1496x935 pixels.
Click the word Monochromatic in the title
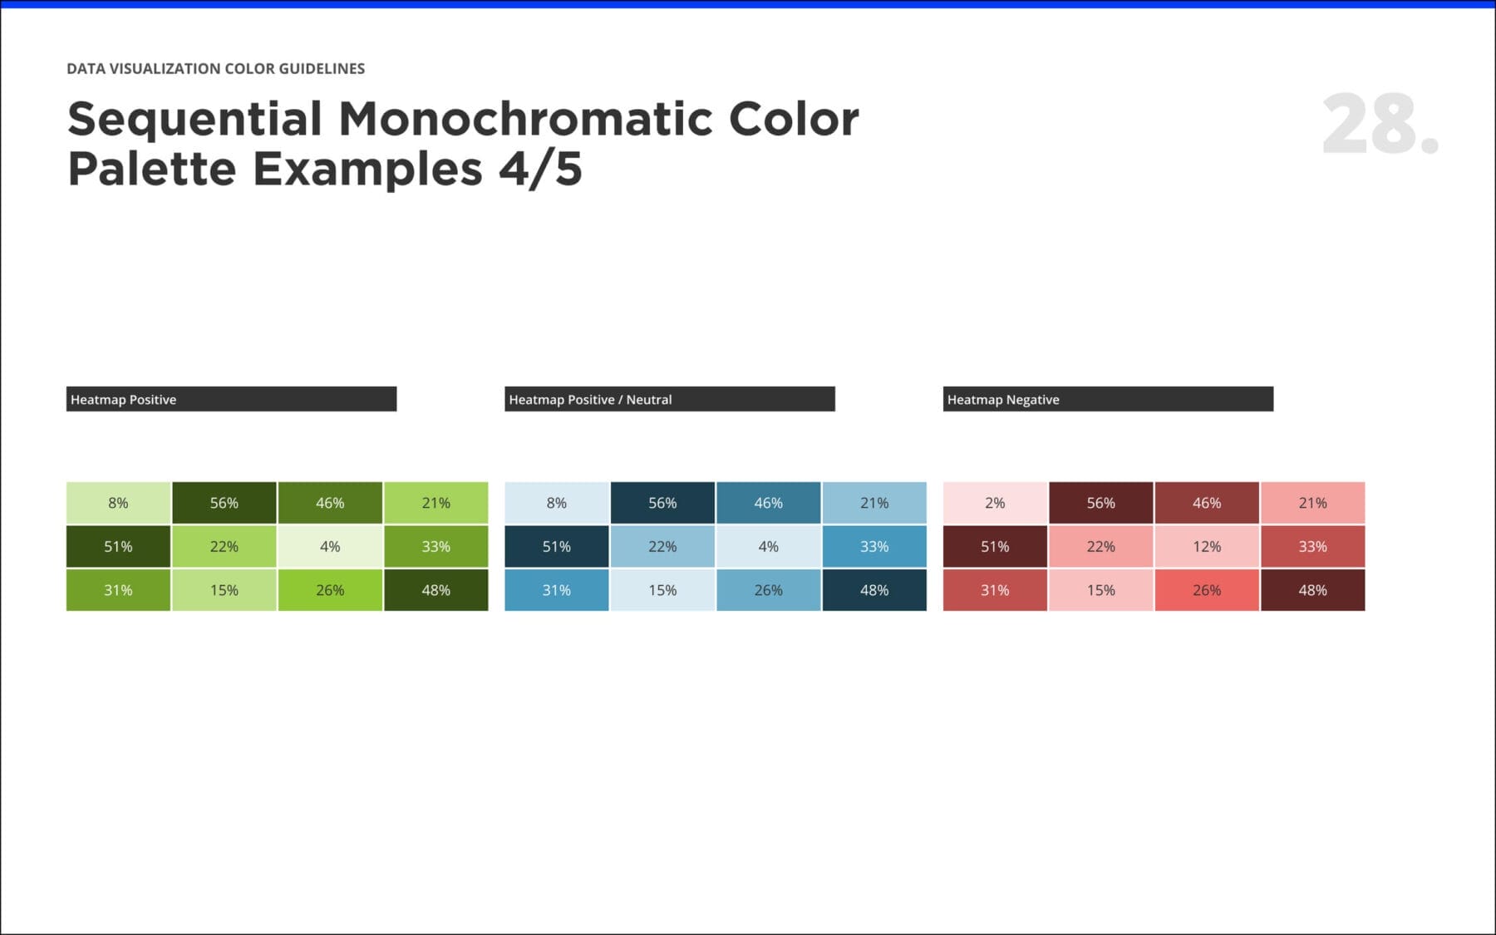click(525, 119)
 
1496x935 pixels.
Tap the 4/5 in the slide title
click(540, 169)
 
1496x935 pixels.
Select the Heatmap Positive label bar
click(231, 399)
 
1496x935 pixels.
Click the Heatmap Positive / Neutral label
click(590, 399)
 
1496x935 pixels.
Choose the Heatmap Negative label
click(1003, 399)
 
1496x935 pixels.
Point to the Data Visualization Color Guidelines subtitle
click(215, 68)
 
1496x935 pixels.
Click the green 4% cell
click(330, 546)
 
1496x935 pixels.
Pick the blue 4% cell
click(768, 546)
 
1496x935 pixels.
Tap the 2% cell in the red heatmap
click(995, 503)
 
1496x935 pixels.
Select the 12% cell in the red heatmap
click(1207, 546)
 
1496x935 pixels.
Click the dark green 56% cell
click(224, 503)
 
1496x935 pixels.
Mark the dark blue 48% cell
click(874, 590)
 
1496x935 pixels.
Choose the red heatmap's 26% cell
click(1207, 590)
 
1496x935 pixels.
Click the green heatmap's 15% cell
click(224, 590)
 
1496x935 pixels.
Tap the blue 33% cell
click(874, 546)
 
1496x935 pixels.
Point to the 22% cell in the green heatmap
click(224, 546)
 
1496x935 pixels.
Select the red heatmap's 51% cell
click(995, 546)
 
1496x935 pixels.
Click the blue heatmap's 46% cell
click(768, 503)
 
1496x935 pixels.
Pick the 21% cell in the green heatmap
click(436, 503)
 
